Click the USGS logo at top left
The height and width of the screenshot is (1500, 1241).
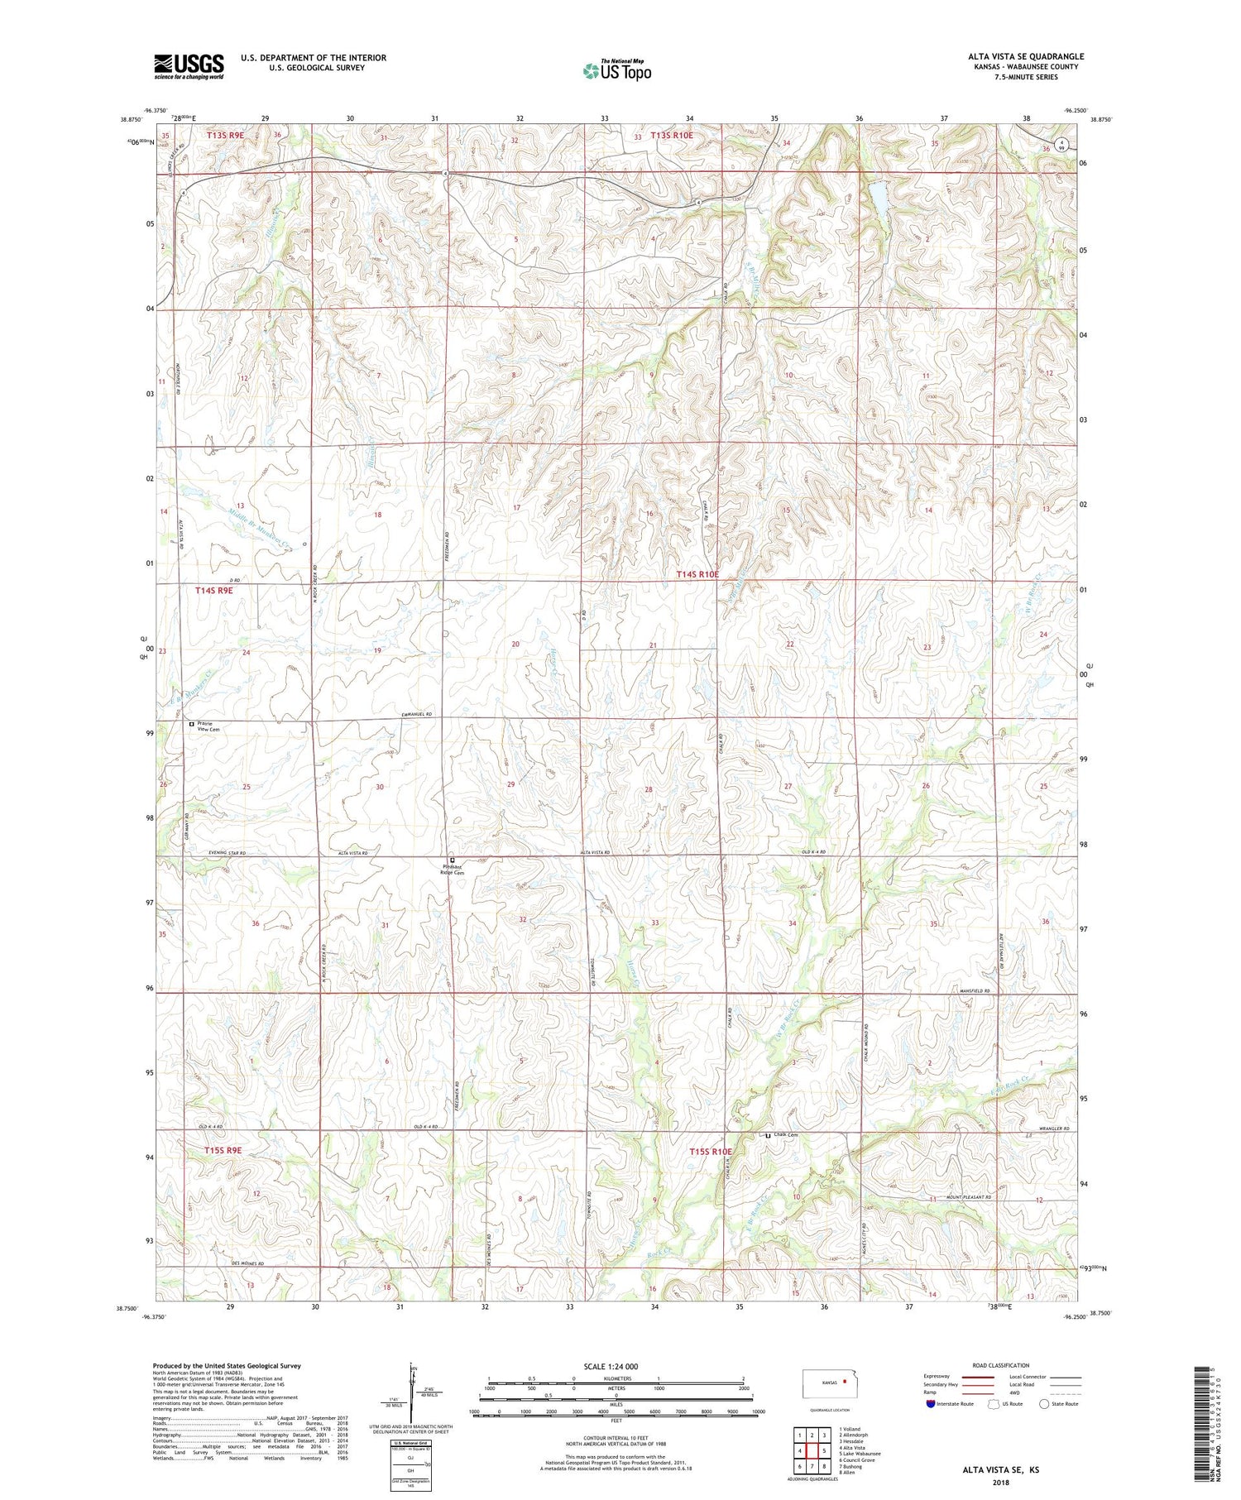(189, 66)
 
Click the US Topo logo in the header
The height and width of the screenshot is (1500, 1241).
(616, 71)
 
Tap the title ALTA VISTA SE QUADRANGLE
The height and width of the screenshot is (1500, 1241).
(1026, 56)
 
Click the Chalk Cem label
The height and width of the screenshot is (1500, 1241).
(787, 1134)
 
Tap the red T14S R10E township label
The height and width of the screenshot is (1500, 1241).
(697, 573)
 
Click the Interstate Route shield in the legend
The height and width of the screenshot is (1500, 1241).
(931, 1404)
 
